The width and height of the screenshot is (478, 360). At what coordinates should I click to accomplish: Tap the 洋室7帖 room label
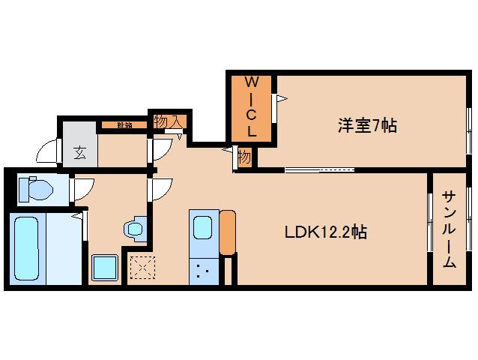point(366,126)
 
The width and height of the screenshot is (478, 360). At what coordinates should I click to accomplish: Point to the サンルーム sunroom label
point(449,229)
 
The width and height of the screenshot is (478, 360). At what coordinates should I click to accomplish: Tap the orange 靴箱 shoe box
point(124,125)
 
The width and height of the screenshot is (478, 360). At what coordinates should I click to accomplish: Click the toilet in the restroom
point(34,189)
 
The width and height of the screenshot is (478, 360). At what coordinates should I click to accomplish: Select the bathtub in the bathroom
point(27,248)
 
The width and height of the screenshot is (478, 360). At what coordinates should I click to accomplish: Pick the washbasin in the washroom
point(135,228)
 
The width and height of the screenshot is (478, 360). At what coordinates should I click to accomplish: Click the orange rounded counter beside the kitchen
point(228,232)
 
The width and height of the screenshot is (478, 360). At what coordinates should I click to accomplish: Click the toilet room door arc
point(82,189)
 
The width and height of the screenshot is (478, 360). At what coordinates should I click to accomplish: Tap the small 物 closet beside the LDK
point(244,157)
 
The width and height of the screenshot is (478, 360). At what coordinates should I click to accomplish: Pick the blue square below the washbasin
point(104,267)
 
